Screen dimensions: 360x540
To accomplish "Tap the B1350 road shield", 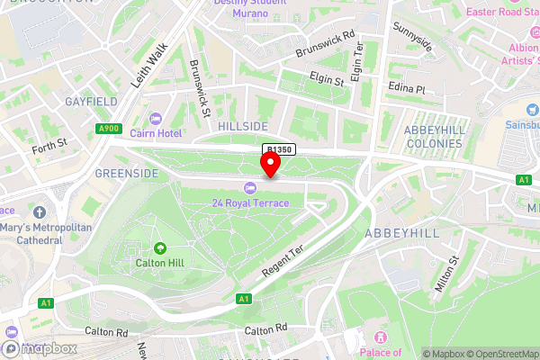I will click(279, 149).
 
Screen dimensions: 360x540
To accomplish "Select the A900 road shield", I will click(108, 129).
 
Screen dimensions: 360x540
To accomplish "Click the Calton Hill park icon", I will click(160, 247).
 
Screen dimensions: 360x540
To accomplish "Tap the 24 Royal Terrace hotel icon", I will click(249, 187).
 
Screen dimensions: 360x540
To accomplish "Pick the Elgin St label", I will click(328, 79).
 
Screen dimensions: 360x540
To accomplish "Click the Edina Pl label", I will click(408, 90).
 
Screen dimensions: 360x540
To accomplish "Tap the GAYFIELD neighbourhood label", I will click(86, 103).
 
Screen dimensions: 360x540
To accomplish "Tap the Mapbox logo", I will click(37, 347).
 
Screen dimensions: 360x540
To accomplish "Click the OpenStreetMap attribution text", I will click(498, 354).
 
